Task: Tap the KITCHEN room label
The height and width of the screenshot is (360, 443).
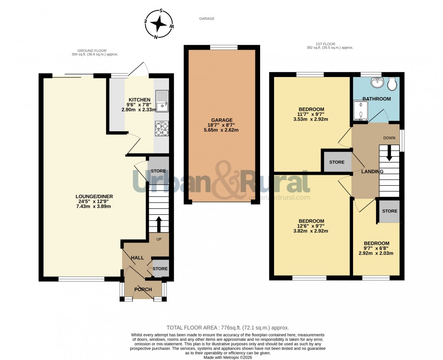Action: (x=139, y=100)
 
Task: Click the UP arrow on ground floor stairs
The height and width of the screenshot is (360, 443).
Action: (x=158, y=224)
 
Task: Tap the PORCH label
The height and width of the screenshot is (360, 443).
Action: (x=143, y=290)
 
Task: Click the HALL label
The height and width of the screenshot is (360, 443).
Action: (x=137, y=258)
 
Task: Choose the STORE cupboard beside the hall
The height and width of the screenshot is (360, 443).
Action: (x=160, y=269)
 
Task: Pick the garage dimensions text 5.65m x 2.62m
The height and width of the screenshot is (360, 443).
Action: (x=221, y=130)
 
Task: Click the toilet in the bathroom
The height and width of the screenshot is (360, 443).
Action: (x=393, y=83)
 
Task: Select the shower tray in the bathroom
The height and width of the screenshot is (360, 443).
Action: (x=361, y=110)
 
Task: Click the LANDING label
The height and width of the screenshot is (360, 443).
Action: (x=372, y=171)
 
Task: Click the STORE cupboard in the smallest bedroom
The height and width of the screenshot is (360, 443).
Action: (x=390, y=211)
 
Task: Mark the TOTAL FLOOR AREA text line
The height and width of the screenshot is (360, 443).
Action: (x=228, y=328)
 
